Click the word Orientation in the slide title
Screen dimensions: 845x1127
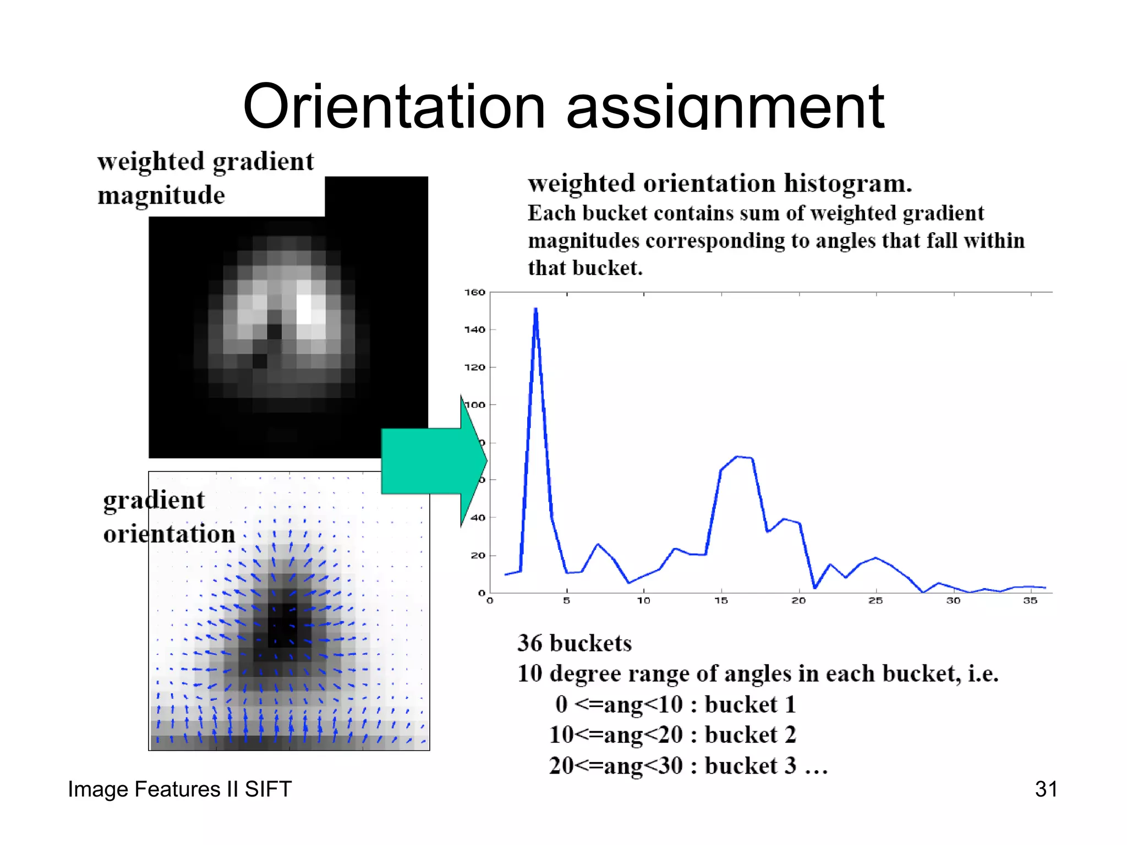[x=393, y=107]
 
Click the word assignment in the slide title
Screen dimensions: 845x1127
[x=725, y=107]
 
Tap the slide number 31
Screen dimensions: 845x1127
[x=1046, y=789]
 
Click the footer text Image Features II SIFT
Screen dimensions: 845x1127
[x=179, y=789]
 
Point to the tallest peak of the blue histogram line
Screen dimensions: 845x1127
[x=535, y=309]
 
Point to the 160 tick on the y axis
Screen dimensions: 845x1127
[x=474, y=292]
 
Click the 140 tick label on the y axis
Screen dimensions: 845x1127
[x=474, y=330]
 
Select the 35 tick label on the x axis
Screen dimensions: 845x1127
[x=1030, y=601]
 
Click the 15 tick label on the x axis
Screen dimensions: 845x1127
[x=721, y=601]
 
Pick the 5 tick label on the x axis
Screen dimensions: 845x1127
[x=566, y=601]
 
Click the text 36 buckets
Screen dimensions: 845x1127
[x=575, y=643]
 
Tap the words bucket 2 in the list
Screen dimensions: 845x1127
[x=750, y=735]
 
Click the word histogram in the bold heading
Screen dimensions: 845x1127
[x=847, y=184]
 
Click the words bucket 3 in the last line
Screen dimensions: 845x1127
[x=750, y=766]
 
